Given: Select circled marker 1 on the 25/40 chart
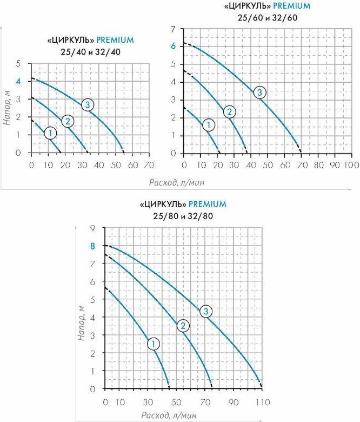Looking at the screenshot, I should coord(50,133).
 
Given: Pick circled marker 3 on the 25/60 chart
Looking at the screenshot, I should coord(260,92).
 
